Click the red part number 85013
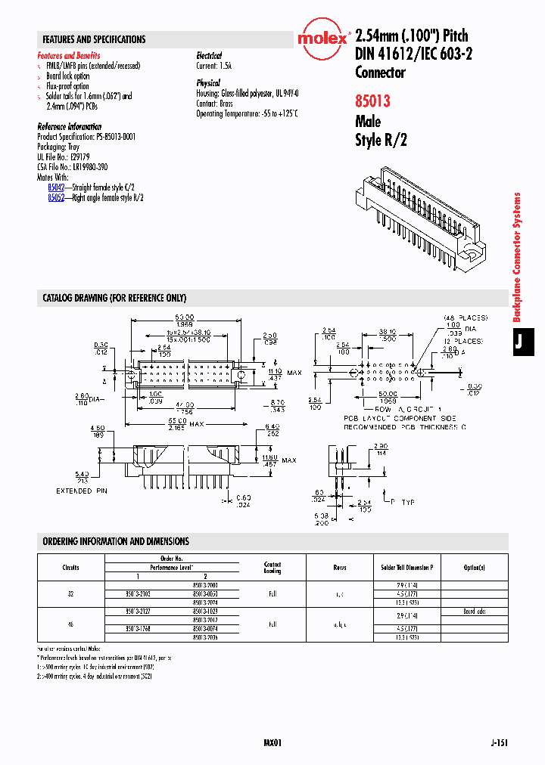click(374, 100)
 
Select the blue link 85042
click(56, 186)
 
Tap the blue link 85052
click(56, 197)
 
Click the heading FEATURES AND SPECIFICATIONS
click(94, 39)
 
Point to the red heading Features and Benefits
click(68, 56)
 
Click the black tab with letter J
click(519, 341)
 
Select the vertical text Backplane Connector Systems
click(518, 257)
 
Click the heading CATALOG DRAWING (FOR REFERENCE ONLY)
click(114, 299)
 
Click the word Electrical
click(209, 56)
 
